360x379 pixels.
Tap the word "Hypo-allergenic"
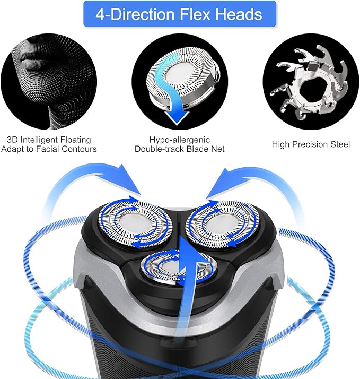point(180,140)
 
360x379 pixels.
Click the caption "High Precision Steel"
point(311,144)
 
